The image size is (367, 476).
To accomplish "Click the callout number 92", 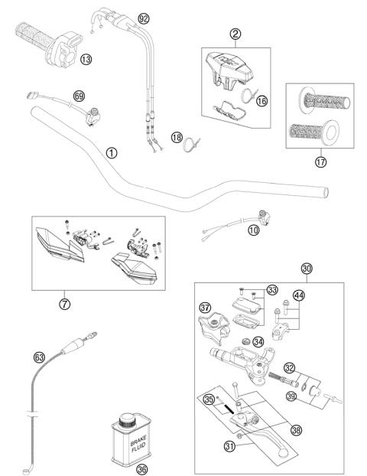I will click(144, 18).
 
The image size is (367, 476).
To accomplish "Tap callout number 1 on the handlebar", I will click(112, 152).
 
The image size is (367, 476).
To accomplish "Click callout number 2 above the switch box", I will click(235, 33).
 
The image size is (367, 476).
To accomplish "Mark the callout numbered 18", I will click(177, 138).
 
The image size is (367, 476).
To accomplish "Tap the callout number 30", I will click(307, 268).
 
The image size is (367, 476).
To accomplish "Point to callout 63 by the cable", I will click(38, 356).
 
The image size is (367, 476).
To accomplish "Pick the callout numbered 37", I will click(205, 308).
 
